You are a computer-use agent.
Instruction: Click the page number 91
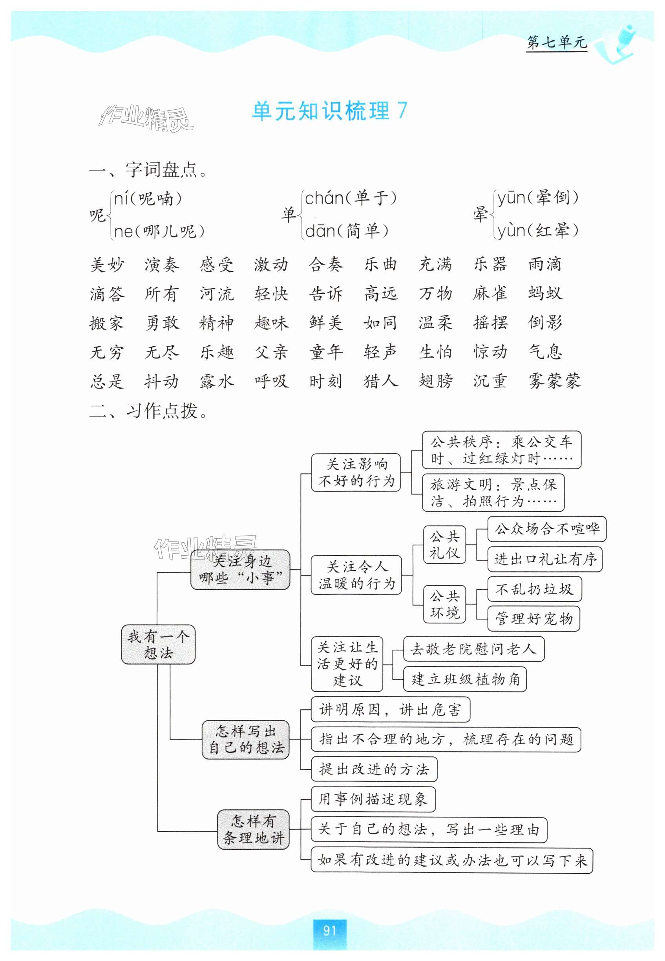(x=329, y=930)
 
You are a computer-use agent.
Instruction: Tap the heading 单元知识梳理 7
(x=330, y=111)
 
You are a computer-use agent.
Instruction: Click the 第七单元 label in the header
(x=556, y=42)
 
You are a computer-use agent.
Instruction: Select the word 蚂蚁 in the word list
(x=545, y=293)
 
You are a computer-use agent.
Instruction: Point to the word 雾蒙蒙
(x=554, y=381)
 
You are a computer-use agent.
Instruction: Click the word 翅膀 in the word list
(x=435, y=381)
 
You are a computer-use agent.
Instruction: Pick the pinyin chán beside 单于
(x=324, y=198)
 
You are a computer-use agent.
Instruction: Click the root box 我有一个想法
(x=158, y=645)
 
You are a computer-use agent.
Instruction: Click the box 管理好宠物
(x=534, y=619)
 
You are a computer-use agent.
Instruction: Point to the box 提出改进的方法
(x=374, y=769)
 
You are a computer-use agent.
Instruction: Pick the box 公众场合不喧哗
(x=547, y=529)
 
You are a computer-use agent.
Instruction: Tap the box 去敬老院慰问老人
(x=473, y=649)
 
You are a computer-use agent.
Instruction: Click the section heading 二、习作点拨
(x=148, y=411)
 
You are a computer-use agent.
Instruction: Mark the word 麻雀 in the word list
(x=490, y=293)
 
